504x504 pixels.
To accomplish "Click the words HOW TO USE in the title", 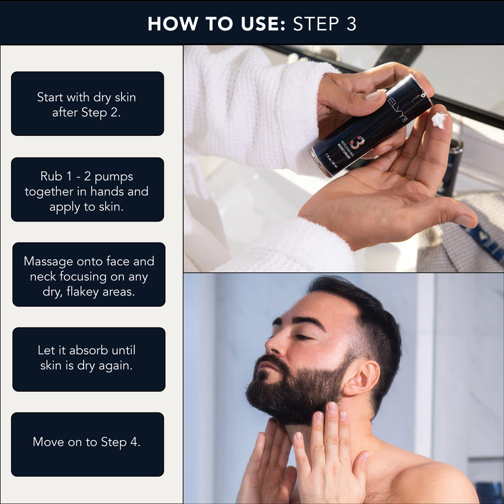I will pyautogui.click(x=214, y=24).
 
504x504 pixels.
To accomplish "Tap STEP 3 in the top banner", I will pyautogui.click(x=324, y=24).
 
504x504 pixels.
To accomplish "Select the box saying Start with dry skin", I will pyautogui.click(x=87, y=104).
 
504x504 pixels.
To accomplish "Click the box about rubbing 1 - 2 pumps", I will pyautogui.click(x=87, y=189).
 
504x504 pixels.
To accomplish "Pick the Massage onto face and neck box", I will pyautogui.click(x=89, y=275).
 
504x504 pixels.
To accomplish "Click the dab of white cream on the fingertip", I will pyautogui.click(x=439, y=120).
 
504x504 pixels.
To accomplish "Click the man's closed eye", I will pyautogui.click(x=302, y=337).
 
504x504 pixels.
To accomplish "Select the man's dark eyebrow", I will pyautogui.click(x=305, y=322).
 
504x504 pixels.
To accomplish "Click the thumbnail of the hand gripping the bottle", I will pyautogui.click(x=374, y=95).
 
